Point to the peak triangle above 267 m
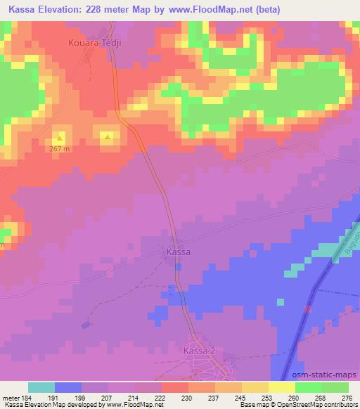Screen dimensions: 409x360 [x=60, y=137]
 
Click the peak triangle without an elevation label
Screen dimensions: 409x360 [x=107, y=137]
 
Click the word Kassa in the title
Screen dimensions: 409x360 [x=23, y=9]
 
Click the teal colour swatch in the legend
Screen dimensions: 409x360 [x=41, y=387]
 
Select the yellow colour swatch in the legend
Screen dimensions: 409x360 [x=282, y=387]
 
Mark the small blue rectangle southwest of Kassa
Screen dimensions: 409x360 [x=86, y=325]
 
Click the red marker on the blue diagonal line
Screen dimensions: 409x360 [x=307, y=308]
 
